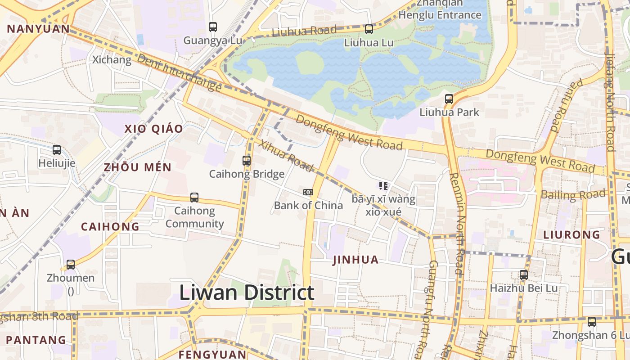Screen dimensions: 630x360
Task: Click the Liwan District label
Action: (x=247, y=292)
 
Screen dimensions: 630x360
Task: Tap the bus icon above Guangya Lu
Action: (x=213, y=27)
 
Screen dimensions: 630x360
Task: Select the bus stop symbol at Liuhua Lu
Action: (x=369, y=29)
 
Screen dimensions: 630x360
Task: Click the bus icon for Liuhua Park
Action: (x=449, y=99)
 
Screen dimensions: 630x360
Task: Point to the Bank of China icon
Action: (x=308, y=192)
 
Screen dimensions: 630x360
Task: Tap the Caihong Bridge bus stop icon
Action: (x=247, y=160)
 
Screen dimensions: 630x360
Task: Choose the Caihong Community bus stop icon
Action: (x=194, y=197)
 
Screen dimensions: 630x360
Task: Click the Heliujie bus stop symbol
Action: (x=57, y=150)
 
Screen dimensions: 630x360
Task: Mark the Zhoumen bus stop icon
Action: (x=71, y=265)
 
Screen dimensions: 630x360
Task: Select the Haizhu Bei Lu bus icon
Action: (x=524, y=274)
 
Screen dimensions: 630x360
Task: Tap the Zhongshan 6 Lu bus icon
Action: (x=592, y=322)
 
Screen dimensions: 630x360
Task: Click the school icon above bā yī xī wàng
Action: (x=383, y=185)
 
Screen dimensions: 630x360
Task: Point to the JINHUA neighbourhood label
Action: (x=355, y=260)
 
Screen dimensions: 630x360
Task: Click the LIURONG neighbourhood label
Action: (x=571, y=234)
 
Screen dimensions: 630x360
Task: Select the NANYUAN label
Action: (x=38, y=29)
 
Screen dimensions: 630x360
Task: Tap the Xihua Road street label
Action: (x=286, y=156)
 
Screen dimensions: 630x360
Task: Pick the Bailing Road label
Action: (x=573, y=195)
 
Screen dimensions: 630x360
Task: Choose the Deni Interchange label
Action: (x=179, y=72)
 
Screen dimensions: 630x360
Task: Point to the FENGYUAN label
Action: (x=212, y=355)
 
